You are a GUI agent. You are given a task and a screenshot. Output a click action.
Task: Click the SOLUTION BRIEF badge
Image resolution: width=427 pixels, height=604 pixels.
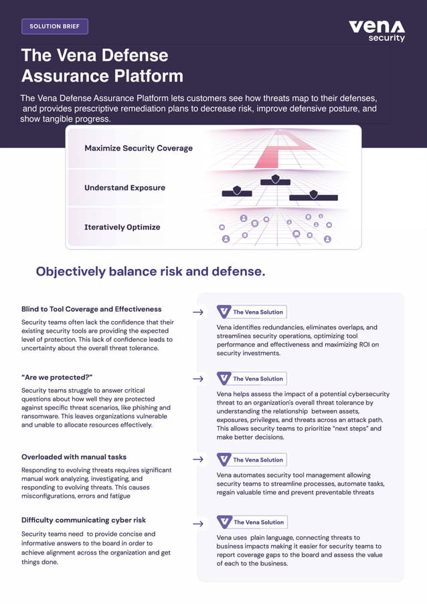click(55, 27)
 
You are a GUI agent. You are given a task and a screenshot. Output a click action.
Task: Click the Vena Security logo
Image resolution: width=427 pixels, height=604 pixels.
click(377, 30)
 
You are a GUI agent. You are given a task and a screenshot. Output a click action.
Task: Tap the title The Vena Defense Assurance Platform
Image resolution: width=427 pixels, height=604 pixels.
click(102, 65)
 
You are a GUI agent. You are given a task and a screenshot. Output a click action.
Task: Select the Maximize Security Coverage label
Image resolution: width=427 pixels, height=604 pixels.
click(138, 148)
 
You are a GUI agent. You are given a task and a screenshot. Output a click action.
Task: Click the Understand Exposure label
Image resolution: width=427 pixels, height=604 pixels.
click(124, 188)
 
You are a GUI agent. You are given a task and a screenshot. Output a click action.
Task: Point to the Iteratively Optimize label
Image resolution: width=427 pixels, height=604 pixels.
click(122, 227)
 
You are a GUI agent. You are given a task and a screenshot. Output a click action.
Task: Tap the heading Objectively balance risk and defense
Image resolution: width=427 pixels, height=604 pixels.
click(151, 271)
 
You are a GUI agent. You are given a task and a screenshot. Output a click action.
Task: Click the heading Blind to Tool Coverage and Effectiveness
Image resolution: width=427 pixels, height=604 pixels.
click(91, 309)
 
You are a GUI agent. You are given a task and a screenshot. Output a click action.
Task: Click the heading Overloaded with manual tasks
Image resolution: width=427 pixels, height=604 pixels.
click(74, 457)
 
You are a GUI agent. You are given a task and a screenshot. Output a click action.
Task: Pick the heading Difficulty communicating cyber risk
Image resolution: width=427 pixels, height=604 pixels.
click(84, 520)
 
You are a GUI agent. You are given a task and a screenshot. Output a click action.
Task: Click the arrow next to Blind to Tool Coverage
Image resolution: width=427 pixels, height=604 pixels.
click(198, 312)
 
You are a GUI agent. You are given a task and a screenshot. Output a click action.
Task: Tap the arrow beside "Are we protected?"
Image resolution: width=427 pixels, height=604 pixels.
click(198, 379)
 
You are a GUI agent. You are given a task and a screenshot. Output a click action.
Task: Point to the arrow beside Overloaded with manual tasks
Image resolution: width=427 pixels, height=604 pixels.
click(198, 460)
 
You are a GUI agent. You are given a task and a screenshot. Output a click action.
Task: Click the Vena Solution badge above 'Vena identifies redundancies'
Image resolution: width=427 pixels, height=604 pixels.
click(252, 312)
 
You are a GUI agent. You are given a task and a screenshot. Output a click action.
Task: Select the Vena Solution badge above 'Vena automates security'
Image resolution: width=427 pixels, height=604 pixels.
click(252, 460)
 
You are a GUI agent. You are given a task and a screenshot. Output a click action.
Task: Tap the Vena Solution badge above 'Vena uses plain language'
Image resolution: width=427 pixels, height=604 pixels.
click(252, 522)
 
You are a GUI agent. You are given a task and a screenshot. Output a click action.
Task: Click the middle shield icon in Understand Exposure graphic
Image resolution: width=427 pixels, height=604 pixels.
click(275, 179)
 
